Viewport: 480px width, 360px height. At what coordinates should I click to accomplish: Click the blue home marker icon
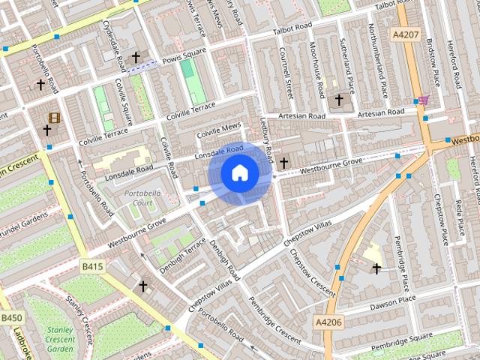(x=239, y=173)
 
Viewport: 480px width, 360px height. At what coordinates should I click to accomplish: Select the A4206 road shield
(x=328, y=322)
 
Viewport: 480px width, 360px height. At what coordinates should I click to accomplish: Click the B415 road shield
(x=92, y=265)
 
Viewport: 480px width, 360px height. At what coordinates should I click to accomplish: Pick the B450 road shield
(x=11, y=319)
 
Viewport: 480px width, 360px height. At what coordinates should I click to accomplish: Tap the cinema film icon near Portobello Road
(x=54, y=118)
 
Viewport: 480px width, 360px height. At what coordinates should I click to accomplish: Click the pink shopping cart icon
(x=424, y=100)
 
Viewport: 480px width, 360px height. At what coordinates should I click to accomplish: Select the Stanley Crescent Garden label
(x=60, y=338)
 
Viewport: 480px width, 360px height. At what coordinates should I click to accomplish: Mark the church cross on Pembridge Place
(x=376, y=268)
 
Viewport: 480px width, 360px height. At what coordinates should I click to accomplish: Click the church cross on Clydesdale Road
(x=136, y=57)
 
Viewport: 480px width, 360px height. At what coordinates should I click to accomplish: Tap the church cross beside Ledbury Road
(x=284, y=161)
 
